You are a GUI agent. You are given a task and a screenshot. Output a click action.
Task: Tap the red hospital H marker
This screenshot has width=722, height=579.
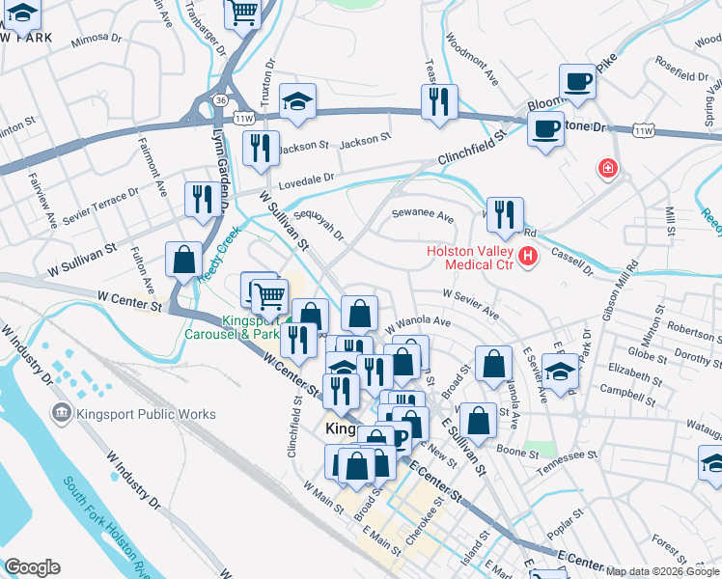527,257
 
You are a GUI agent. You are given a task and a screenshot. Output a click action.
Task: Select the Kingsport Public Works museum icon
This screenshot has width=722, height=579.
62,414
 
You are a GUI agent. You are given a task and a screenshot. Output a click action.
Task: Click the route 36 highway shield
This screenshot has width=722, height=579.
221,99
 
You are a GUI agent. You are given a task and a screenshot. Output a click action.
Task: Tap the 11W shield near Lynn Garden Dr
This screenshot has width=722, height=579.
242,118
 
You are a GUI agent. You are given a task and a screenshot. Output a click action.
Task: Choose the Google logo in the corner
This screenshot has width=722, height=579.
32,567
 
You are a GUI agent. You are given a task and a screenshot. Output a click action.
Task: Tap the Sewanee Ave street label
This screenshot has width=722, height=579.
422,217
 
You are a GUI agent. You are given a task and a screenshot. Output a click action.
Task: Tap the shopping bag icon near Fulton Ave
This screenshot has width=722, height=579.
183,259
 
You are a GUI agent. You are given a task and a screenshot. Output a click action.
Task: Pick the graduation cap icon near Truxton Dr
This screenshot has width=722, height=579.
298,100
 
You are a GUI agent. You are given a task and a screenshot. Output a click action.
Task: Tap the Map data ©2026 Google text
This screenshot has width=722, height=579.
662,571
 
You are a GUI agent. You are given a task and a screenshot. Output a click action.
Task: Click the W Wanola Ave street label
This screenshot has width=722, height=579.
418,321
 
